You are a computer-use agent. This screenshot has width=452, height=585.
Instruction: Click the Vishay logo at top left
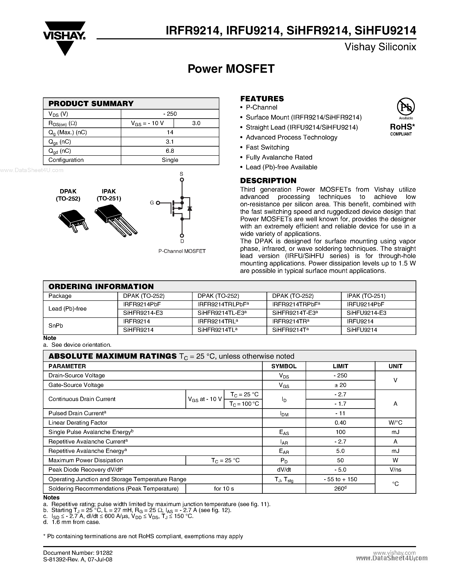point(64,37)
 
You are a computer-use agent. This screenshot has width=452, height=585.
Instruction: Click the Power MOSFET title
point(231,69)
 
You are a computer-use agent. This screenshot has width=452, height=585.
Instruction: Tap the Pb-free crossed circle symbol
point(406,107)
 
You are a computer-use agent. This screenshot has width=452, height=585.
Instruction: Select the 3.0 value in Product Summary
point(196,123)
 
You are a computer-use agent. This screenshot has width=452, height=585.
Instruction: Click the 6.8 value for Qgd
point(170,151)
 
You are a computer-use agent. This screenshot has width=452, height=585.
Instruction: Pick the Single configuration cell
point(170,160)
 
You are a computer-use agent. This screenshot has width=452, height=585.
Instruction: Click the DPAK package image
point(73,221)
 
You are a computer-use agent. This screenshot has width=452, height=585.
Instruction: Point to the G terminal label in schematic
point(152,203)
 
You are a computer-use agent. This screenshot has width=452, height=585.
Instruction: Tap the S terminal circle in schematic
point(182,180)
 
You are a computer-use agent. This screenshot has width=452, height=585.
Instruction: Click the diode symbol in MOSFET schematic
point(190,208)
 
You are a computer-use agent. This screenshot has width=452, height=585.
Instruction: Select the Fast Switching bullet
point(267,147)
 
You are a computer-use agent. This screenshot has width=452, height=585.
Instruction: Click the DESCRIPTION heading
point(268,181)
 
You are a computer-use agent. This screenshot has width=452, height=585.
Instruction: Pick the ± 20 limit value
point(340,385)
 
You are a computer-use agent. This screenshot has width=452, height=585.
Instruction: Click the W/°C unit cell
point(395,423)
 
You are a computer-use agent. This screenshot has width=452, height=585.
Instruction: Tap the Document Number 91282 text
point(78,553)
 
